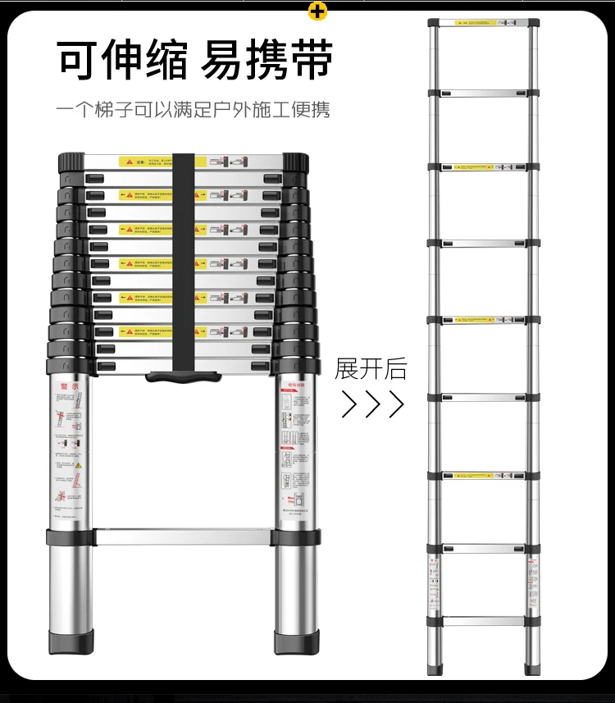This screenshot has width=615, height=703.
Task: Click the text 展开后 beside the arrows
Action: (371, 368)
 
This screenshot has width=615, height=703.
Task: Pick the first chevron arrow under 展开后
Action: (349, 404)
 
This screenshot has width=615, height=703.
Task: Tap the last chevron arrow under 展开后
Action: (396, 404)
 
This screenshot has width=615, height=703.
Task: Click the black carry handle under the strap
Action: (184, 378)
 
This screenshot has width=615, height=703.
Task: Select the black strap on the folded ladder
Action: (184, 262)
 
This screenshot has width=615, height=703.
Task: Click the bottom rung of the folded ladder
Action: (182, 537)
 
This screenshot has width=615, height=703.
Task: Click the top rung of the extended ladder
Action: (482, 23)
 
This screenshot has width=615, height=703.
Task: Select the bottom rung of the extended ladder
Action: (482, 621)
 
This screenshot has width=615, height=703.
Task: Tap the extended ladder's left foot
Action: (434, 669)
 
